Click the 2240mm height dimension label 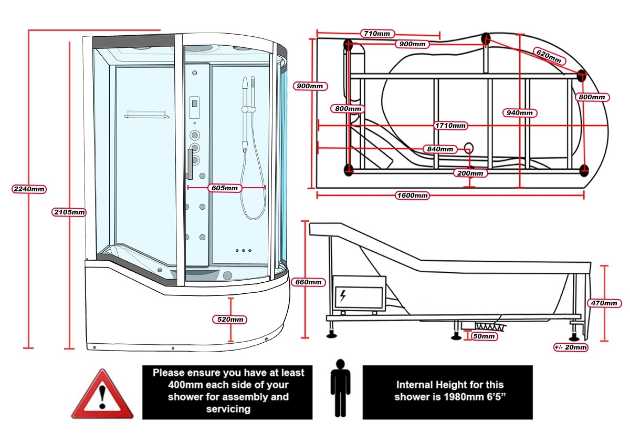[x=29, y=189]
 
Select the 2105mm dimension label [x=69, y=212]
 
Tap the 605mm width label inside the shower [x=224, y=188]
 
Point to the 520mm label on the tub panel [x=230, y=319]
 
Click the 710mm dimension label [x=377, y=34]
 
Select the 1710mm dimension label [x=450, y=126]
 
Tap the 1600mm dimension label [x=412, y=196]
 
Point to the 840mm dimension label [x=440, y=149]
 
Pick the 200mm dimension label [x=470, y=173]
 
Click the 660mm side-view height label [x=308, y=282]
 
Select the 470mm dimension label [x=604, y=303]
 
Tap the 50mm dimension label [x=484, y=336]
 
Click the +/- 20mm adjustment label [x=571, y=347]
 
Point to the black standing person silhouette [x=340, y=387]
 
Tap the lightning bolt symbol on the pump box [x=343, y=295]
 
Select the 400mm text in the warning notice [x=182, y=385]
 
